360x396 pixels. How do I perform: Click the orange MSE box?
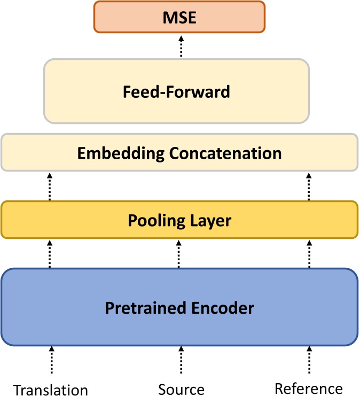(x=179, y=18)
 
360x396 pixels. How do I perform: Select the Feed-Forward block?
(x=176, y=91)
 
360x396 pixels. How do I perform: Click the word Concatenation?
(x=225, y=153)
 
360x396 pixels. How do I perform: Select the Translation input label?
(x=50, y=390)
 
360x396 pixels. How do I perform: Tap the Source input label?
(x=181, y=389)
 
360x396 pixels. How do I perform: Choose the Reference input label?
(x=309, y=389)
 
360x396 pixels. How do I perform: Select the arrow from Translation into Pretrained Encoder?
(x=52, y=360)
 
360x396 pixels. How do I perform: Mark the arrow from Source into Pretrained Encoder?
(x=181, y=360)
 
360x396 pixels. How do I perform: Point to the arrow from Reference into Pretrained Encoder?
(x=309, y=360)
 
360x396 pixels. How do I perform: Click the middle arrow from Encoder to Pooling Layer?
(x=179, y=253)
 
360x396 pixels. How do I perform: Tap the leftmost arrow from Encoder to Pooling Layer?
(x=50, y=253)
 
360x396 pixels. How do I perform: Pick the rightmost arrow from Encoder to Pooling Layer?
(x=308, y=253)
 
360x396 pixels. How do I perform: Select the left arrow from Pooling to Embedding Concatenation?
(x=50, y=186)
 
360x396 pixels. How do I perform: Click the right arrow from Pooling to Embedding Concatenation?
(x=308, y=186)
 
